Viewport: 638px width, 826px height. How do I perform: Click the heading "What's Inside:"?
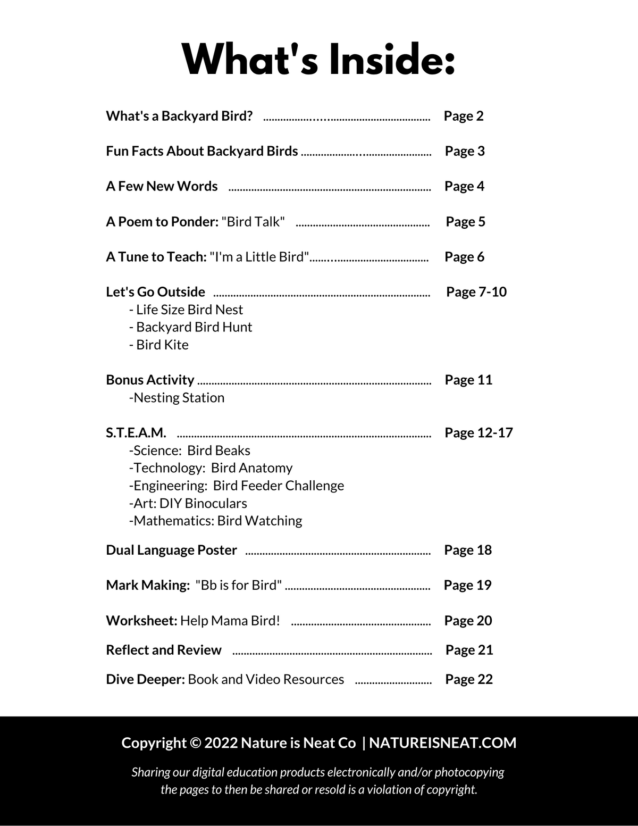point(318,60)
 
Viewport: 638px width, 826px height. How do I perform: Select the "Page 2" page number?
point(464,116)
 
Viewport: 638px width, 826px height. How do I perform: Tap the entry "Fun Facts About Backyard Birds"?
point(202,151)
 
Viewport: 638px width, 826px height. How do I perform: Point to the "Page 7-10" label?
point(476,292)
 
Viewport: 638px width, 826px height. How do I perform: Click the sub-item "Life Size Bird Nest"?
point(189,310)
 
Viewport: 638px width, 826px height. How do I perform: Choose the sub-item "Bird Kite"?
point(162,345)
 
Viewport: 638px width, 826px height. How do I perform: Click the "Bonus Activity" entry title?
point(150,380)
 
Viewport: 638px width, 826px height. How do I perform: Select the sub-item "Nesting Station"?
point(178,398)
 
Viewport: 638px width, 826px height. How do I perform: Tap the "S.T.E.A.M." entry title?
point(136,433)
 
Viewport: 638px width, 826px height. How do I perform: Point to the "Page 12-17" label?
point(478,433)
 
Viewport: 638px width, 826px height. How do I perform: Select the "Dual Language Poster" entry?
point(171,550)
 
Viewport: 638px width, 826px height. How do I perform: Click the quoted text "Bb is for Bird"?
point(239,585)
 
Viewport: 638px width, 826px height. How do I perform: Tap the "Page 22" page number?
point(469,679)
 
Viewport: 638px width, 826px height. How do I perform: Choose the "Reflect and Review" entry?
point(163,650)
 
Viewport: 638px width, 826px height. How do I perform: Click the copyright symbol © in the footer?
point(195,743)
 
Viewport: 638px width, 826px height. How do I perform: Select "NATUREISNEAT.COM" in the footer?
point(442,743)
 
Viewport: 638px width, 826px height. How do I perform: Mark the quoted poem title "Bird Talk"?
point(253,222)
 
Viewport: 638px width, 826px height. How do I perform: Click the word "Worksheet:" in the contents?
point(141,621)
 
